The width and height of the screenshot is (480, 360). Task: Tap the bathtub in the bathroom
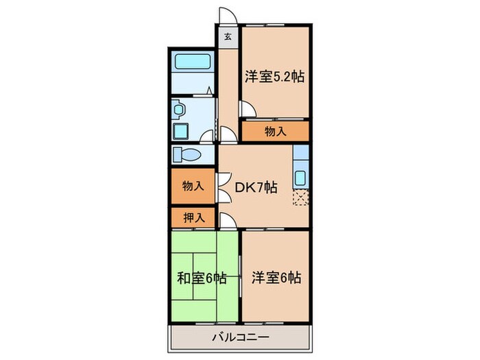point(193,61)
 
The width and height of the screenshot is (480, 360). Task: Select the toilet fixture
point(187,154)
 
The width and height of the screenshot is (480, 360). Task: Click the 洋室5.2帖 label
point(274,77)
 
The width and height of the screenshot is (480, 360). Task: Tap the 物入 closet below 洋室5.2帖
point(275,131)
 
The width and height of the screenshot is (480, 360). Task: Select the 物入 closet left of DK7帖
point(193,186)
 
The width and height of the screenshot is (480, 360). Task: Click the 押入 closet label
point(193,218)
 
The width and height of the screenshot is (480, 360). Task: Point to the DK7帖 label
point(256,187)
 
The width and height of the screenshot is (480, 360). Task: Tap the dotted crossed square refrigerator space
point(301,198)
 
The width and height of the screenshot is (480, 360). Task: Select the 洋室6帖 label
point(274,278)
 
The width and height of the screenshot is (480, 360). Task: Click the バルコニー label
point(239,337)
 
